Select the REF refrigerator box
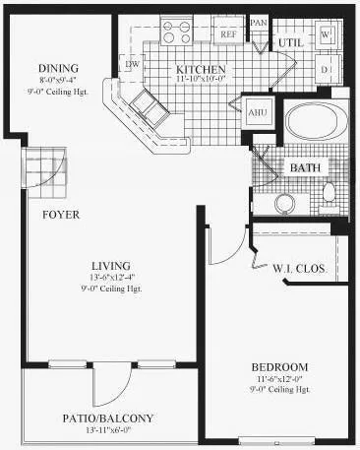(228, 33)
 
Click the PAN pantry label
(259, 22)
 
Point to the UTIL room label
(289, 44)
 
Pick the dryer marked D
(327, 70)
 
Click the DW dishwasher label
(132, 64)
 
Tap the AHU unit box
(258, 111)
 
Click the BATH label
(304, 168)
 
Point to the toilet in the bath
(330, 192)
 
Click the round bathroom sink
(284, 204)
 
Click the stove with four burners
(179, 32)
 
